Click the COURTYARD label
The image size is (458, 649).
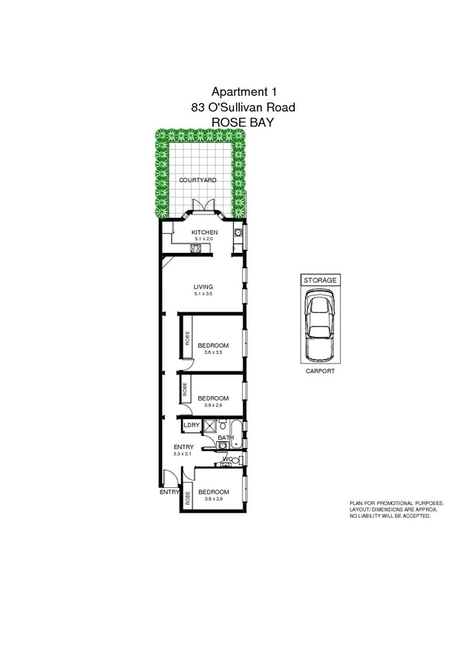pos(197,179)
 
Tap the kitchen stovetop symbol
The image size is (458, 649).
pos(195,248)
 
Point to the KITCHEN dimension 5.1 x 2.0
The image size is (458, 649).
pos(204,240)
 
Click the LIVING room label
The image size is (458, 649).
pos(203,286)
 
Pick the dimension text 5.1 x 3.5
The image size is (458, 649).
pos(203,294)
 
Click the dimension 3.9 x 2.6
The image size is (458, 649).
pos(214,405)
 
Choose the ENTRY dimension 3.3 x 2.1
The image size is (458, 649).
pos(183,453)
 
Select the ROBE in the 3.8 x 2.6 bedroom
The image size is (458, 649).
pos(188,497)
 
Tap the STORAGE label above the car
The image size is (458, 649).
pos(320,280)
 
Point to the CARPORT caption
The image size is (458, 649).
pos(320,371)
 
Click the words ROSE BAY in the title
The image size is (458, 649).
pos(243,122)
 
